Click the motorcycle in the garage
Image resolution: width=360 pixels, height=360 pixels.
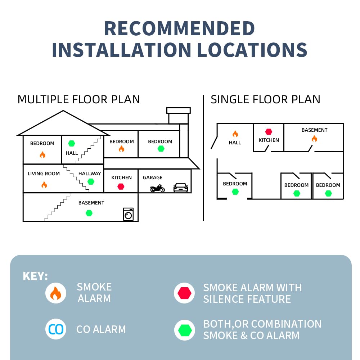pyautogui.click(x=158, y=188)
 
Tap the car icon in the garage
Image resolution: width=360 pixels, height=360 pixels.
pyautogui.click(x=181, y=188)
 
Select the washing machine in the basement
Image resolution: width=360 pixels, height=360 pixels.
pyautogui.click(x=129, y=214)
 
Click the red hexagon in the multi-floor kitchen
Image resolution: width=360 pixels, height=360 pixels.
pyautogui.click(x=121, y=186)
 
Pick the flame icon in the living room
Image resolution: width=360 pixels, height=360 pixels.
pyautogui.click(x=44, y=185)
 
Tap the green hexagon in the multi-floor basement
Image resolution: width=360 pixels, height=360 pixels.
pyautogui.click(x=89, y=213)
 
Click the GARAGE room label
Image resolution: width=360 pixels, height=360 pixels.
pyautogui.click(x=152, y=177)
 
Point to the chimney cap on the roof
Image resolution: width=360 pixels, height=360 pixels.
pyautogui.click(x=179, y=110)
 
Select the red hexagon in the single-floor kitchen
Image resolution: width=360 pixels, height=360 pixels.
pyautogui.click(x=269, y=131)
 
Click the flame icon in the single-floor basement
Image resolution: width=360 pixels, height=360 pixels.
pyautogui.click(x=314, y=139)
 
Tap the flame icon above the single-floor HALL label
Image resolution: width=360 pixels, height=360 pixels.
pyautogui.click(x=235, y=134)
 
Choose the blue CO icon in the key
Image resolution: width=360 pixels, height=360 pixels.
pyautogui.click(x=56, y=329)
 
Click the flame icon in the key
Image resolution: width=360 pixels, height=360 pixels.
pyautogui.click(x=56, y=293)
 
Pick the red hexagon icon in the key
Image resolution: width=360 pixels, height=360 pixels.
pyautogui.click(x=184, y=293)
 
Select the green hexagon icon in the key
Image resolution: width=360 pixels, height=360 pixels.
pyautogui.click(x=185, y=330)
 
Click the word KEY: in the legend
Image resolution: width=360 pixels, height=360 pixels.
pyautogui.click(x=35, y=276)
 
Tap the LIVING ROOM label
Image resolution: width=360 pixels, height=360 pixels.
pyautogui.click(x=44, y=174)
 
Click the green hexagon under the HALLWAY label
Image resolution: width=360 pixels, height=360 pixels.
pyautogui.click(x=91, y=181)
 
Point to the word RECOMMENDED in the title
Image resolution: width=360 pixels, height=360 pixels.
pyautogui.click(x=180, y=28)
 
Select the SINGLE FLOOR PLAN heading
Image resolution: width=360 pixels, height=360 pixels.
pyautogui.click(x=265, y=99)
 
